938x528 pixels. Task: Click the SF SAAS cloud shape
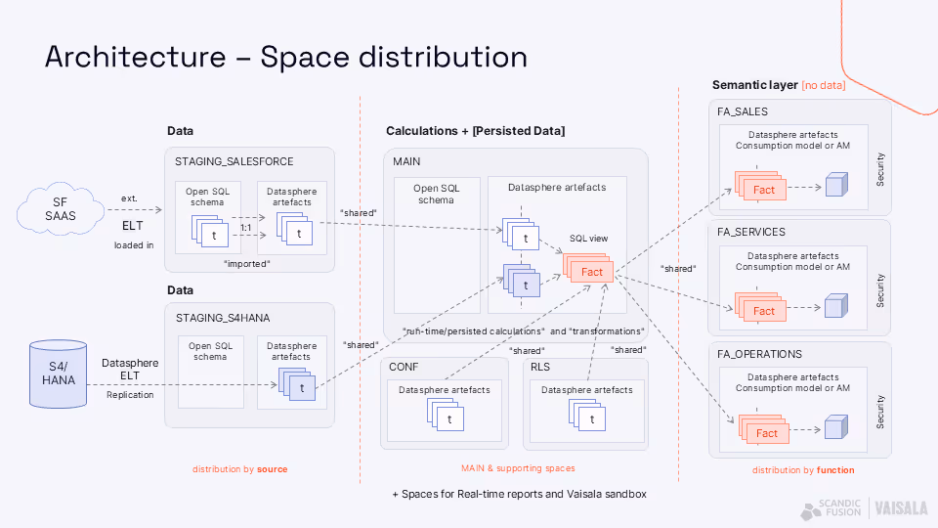[x=61, y=210]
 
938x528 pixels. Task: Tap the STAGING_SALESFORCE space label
[x=234, y=161]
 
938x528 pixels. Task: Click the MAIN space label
[x=406, y=160]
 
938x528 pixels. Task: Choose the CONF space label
[x=404, y=367]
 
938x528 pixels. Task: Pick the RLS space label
[x=540, y=367]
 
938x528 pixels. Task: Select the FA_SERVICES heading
[x=751, y=233]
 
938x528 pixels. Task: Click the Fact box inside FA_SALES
[x=763, y=190]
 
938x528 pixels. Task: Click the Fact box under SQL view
[x=591, y=272]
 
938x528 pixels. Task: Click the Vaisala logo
[x=902, y=508]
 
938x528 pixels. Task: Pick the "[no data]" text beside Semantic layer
[x=824, y=86]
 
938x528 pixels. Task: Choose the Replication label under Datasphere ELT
[x=130, y=394]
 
